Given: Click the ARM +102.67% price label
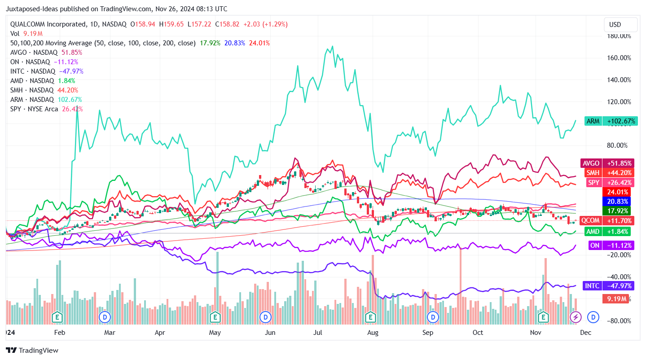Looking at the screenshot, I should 611,121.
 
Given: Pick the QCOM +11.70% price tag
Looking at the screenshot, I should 612,220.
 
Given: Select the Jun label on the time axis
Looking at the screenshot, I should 270,333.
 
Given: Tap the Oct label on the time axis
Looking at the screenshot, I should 478,333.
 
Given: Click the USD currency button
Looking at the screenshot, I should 621,24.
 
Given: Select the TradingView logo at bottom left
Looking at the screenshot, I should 32,351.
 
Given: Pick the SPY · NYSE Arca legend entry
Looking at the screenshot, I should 46,109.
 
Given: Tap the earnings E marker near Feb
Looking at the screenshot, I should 57,317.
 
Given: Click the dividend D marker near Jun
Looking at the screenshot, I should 266,317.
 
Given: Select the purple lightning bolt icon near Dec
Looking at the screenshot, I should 575,317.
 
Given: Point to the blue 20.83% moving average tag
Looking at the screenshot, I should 619,202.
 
